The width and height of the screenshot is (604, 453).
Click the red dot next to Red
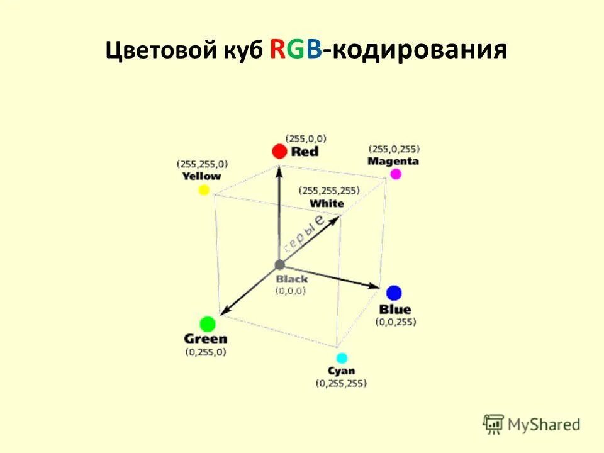click(279, 151)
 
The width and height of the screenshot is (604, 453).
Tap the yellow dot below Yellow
click(203, 190)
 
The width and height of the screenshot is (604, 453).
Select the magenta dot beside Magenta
click(395, 174)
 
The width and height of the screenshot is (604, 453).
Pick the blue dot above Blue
click(394, 293)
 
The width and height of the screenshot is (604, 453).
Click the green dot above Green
click(208, 324)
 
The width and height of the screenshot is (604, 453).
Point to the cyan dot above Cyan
click(342, 358)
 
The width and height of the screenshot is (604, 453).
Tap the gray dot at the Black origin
click(279, 265)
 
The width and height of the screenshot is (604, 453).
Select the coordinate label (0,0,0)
click(290, 291)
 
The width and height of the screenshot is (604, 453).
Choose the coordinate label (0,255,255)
click(341, 383)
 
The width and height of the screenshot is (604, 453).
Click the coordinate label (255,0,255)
click(394, 149)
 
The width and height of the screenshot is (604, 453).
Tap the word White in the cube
click(327, 203)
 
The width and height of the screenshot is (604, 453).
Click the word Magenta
click(393, 161)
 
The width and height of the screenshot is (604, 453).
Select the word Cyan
click(341, 371)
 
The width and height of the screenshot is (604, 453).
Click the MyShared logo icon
click(493, 425)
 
